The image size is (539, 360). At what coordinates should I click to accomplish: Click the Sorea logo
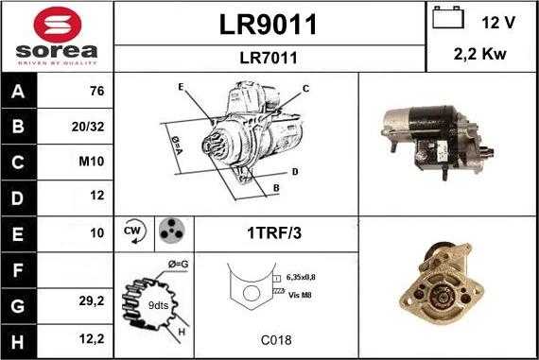57,36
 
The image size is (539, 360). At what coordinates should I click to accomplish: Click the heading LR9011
269,25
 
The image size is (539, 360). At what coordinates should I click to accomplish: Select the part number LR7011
269,58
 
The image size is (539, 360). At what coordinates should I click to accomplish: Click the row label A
19,93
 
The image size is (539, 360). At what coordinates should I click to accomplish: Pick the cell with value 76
96,93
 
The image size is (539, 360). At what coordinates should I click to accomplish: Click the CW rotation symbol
133,231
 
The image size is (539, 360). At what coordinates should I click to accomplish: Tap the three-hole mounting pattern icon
170,231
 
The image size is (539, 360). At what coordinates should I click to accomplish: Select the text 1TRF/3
275,231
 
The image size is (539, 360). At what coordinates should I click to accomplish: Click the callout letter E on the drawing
180,87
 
